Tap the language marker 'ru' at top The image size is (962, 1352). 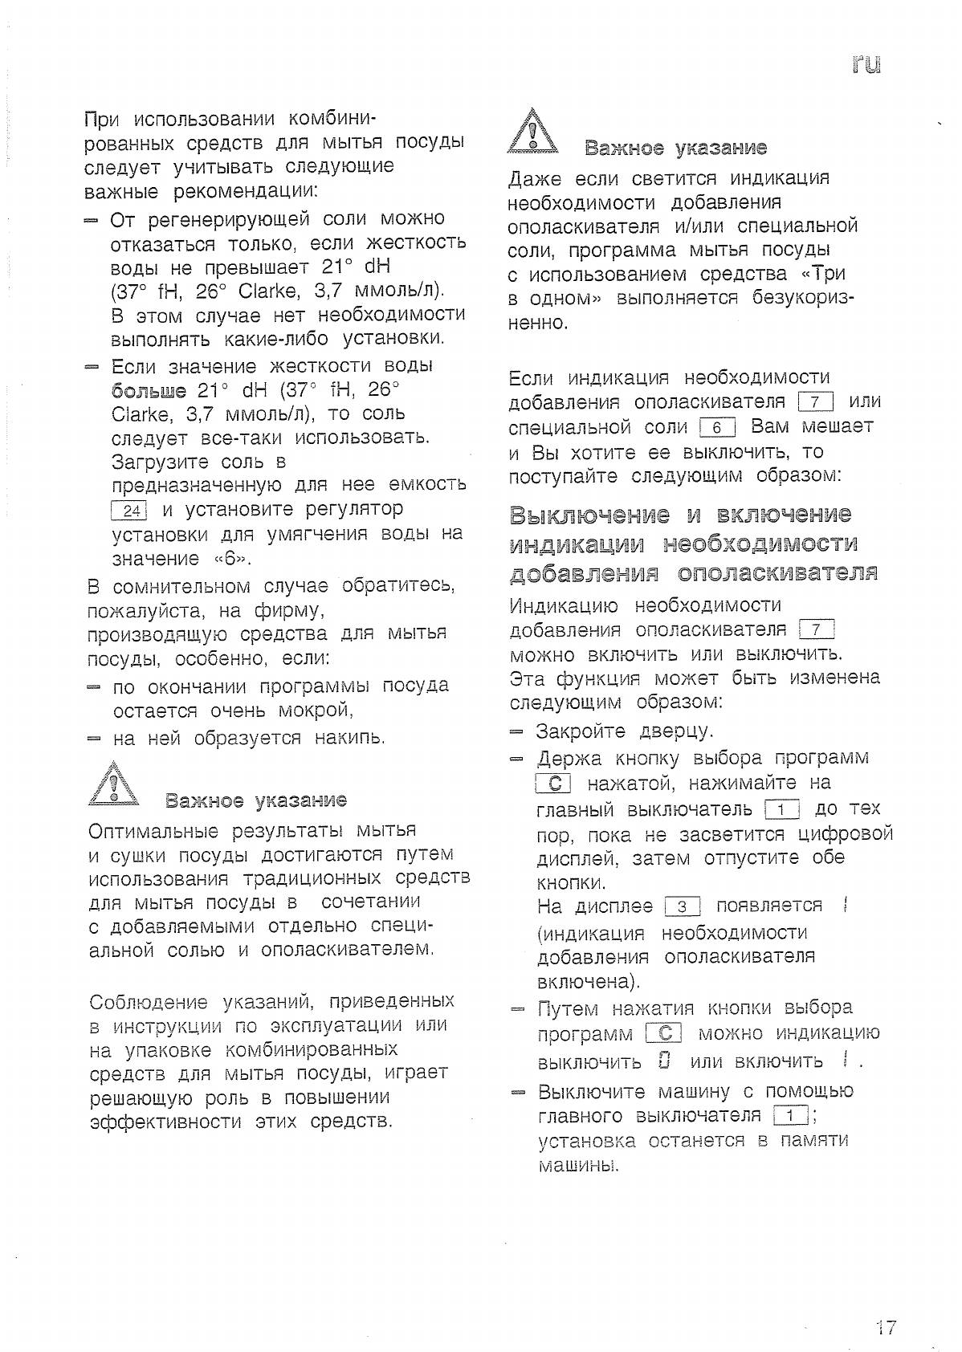tap(867, 64)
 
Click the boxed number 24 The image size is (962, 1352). tap(128, 511)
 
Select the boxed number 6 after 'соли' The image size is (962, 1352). tap(717, 427)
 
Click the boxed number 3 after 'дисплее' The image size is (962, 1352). tap(683, 907)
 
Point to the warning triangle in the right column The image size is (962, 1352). tap(532, 132)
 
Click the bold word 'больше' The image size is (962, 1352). tap(149, 391)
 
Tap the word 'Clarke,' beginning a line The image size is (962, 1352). tap(141, 415)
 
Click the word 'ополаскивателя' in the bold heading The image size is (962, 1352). tap(777, 572)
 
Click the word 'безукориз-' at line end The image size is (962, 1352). tap(803, 299)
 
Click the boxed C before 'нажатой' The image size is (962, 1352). tap(552, 784)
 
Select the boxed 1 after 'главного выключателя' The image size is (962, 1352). tap(790, 1116)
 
